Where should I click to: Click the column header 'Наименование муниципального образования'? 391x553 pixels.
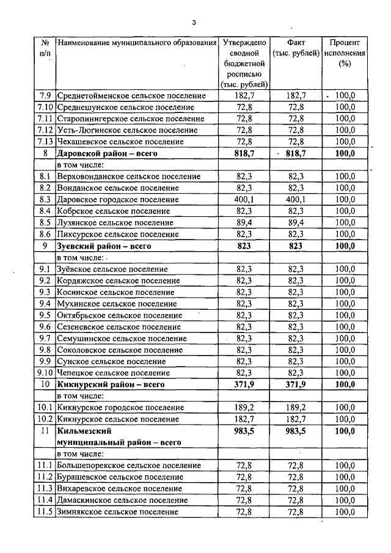137,43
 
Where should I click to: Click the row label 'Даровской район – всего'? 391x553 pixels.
107,153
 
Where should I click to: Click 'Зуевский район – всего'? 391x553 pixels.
103,246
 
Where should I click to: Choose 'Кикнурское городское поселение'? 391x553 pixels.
120,408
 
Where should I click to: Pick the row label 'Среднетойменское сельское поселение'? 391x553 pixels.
131,96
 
